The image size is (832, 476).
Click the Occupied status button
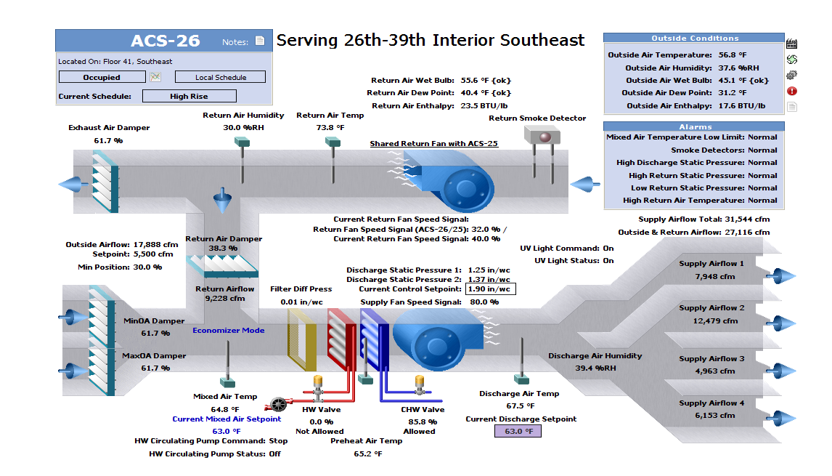102,77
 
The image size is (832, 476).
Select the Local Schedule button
220,77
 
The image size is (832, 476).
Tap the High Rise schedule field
189,96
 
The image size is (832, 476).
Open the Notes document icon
260,41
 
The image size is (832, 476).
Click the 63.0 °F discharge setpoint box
518,431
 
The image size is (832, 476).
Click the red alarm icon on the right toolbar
792,91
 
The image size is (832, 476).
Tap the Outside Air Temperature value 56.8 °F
732,55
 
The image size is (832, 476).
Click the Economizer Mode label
229,331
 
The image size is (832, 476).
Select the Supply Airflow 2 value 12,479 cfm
715,320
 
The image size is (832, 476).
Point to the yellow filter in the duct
302,338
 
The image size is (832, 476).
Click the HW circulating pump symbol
277,405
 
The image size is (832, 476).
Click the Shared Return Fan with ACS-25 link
433,143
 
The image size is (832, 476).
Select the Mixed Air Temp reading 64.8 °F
225,409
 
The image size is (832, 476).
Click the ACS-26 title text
165,41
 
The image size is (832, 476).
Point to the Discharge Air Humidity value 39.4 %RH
595,368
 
